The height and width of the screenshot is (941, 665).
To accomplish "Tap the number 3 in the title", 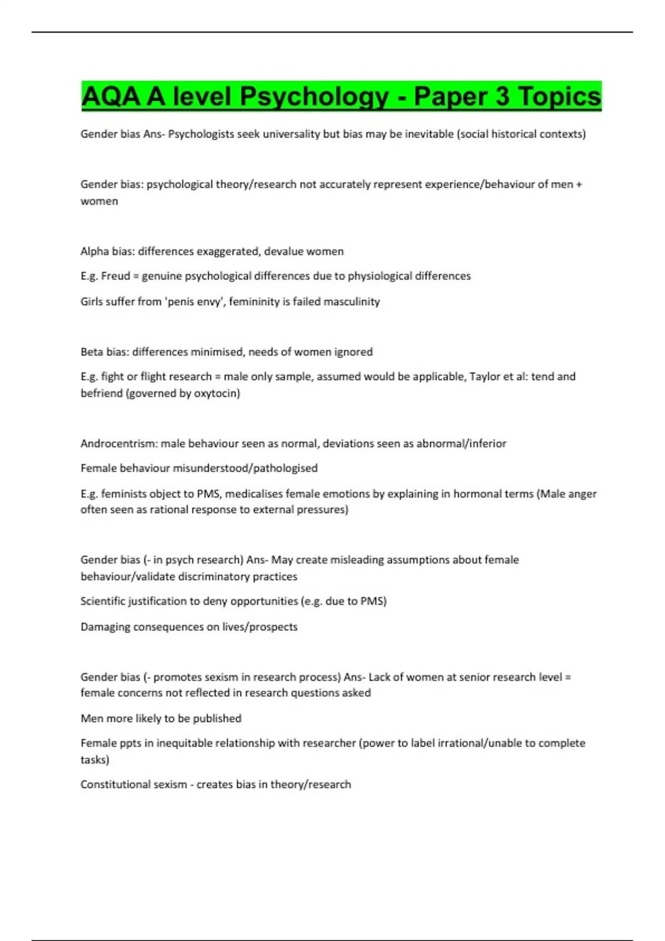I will (x=502, y=97).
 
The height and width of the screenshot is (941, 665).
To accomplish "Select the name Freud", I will (x=115, y=276).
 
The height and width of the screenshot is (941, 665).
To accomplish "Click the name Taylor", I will (x=486, y=376).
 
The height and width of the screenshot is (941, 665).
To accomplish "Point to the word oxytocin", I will (x=215, y=394).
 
